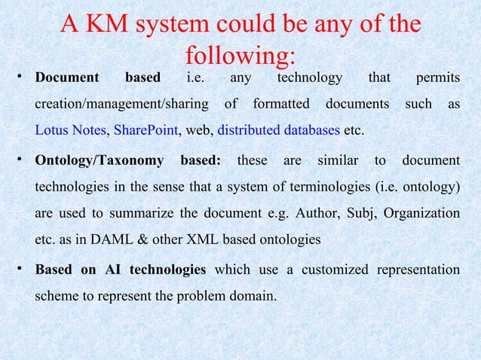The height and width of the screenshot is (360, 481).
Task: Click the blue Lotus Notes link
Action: [x=70, y=130]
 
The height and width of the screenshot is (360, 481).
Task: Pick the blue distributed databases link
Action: [x=278, y=130]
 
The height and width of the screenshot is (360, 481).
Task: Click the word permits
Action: [x=437, y=77]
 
